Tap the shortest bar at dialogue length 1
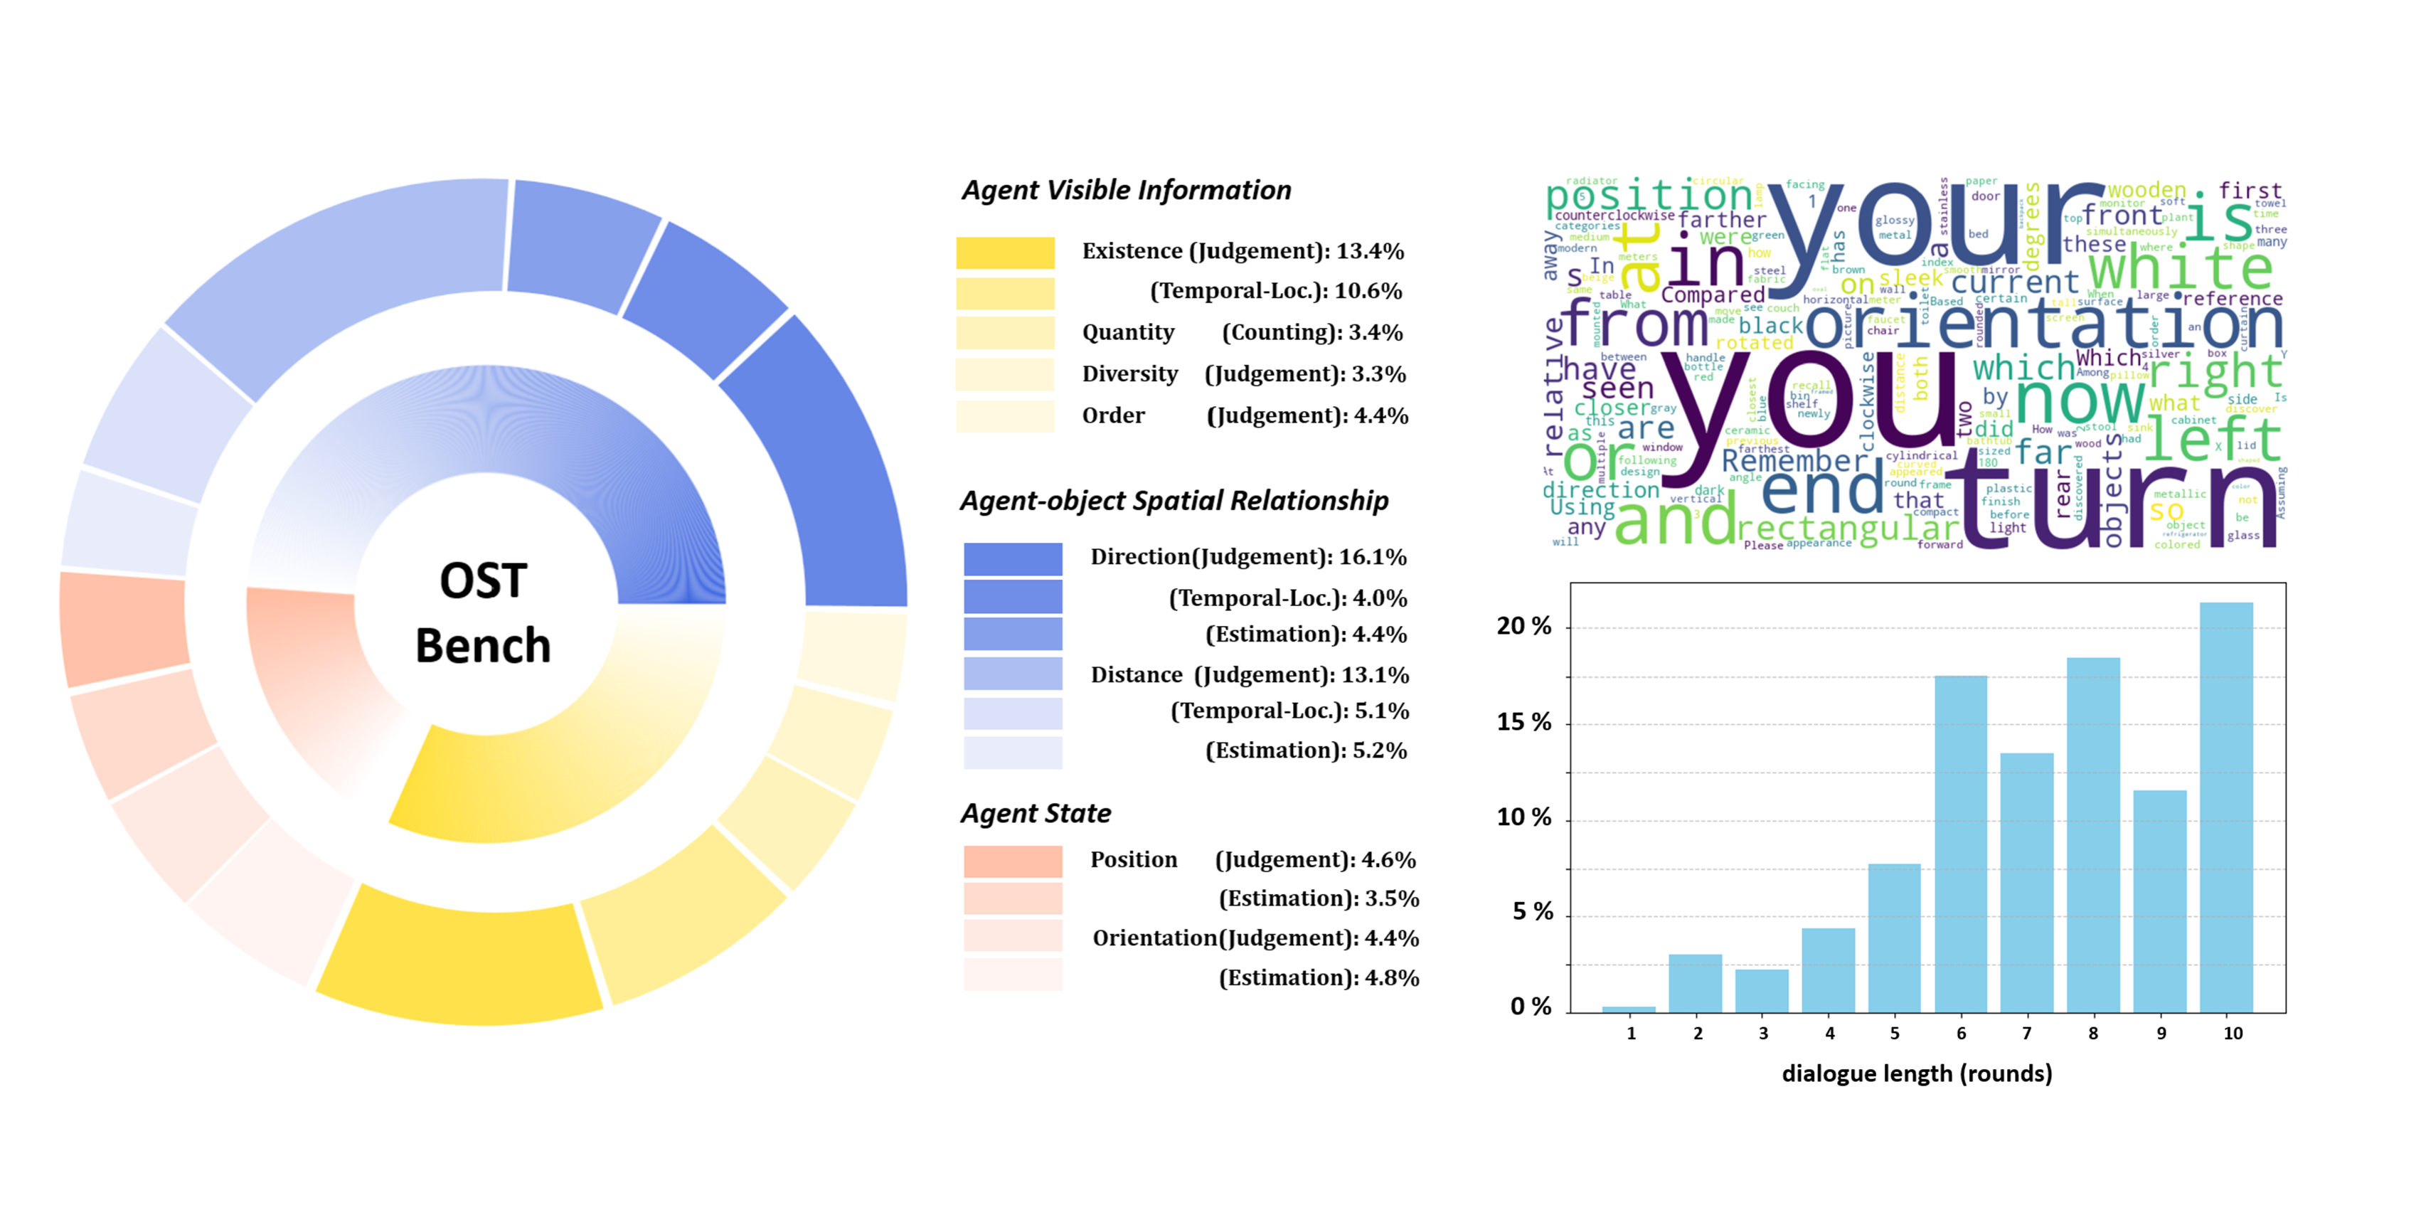coord(1629,1009)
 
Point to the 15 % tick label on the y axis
coord(1523,722)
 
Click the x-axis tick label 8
coord(2093,1034)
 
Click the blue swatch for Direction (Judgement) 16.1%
coord(1012,558)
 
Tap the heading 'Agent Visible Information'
coord(1126,190)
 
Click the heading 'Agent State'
coord(1036,813)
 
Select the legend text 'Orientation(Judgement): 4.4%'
coord(1255,938)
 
